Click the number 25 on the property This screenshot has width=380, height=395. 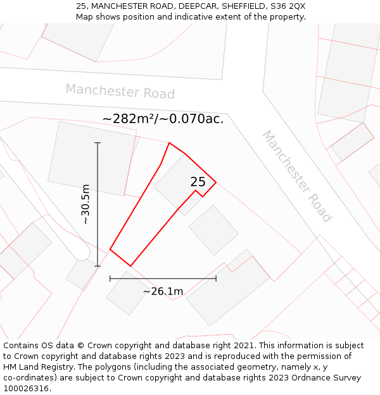(198, 182)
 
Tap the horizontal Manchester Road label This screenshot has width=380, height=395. (120, 92)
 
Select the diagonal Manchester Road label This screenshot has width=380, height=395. (296, 176)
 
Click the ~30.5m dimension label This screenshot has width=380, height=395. (85, 204)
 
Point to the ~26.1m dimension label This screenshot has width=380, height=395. (163, 291)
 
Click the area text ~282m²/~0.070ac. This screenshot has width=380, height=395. (163, 119)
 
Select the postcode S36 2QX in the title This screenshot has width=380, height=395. (287, 6)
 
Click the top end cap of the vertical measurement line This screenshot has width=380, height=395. (98, 143)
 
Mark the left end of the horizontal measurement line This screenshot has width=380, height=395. (110, 278)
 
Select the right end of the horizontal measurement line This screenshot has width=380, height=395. (216, 278)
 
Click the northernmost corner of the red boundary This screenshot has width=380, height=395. (169, 143)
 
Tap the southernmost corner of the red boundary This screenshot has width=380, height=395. (130, 265)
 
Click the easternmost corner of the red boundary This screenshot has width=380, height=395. (216, 183)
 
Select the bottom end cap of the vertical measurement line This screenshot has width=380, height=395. (98, 266)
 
